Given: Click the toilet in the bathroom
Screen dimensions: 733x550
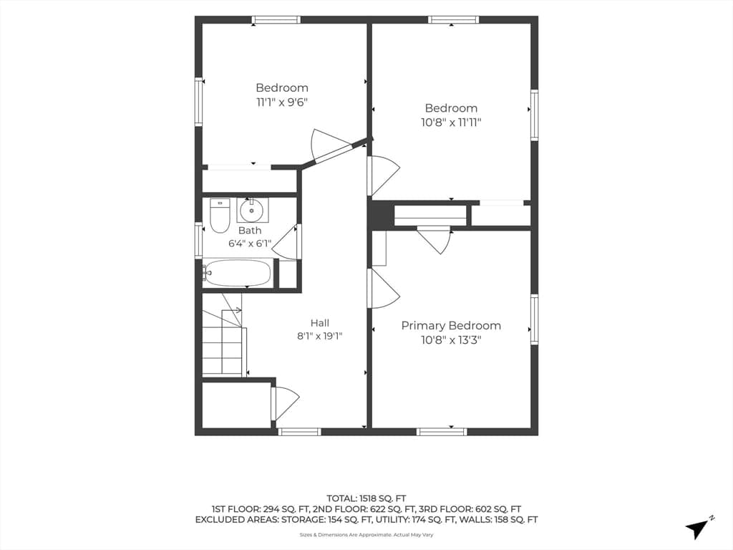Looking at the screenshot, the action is click(220, 216).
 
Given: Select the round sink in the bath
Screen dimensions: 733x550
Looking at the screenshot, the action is click(252, 211).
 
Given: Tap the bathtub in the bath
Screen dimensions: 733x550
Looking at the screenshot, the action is click(238, 273).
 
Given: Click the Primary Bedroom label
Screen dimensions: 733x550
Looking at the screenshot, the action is click(451, 326).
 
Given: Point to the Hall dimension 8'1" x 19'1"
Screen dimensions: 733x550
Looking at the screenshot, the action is click(320, 336).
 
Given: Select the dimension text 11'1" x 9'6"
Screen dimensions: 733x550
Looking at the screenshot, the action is click(282, 102).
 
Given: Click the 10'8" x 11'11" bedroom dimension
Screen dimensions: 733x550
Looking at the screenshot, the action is click(451, 122).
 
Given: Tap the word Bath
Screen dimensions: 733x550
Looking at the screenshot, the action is click(250, 230).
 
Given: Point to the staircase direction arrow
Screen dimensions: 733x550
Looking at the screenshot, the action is click(232, 309).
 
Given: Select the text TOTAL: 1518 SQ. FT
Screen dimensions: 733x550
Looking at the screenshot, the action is click(366, 498).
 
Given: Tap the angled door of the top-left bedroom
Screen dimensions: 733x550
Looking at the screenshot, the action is click(331, 144).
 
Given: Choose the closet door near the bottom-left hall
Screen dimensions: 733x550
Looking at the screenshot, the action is click(285, 404).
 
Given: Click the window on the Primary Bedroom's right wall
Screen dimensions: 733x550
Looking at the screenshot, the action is click(534, 319).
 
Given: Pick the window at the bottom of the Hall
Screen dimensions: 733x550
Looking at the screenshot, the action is click(299, 432).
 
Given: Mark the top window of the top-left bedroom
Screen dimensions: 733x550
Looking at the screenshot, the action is click(276, 19).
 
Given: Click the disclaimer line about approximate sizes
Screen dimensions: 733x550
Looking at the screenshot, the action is click(366, 535).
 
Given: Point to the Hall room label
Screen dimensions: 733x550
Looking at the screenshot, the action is click(320, 323).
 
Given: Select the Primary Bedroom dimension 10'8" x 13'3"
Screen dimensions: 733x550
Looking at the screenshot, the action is click(451, 339).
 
